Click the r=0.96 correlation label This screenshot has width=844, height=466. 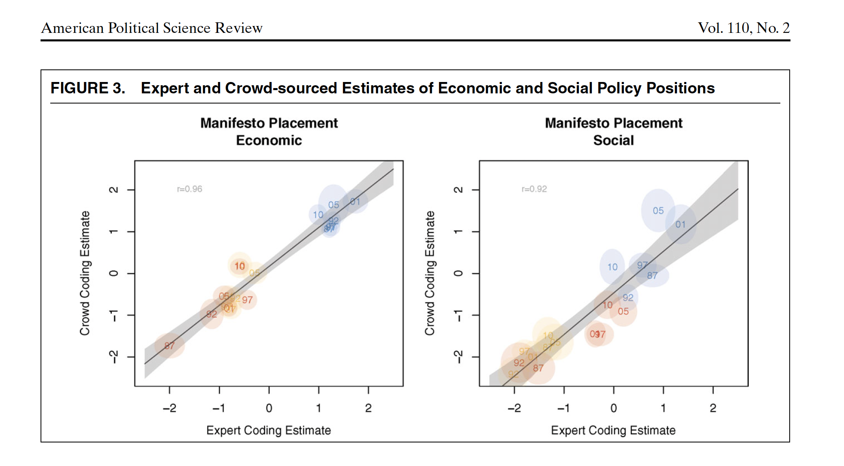click(x=189, y=189)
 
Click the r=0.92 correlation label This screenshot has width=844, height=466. click(x=534, y=189)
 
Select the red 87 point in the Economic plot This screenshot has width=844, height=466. click(x=169, y=346)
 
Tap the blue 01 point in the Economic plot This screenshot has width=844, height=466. click(x=355, y=201)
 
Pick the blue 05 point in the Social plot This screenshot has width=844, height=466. click(x=658, y=211)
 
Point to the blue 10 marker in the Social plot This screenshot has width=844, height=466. click(x=612, y=267)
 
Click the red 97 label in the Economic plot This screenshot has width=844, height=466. click(x=247, y=300)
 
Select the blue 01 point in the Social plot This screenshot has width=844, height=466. click(x=680, y=224)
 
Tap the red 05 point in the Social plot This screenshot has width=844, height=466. click(x=623, y=311)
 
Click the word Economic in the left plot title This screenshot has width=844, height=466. click(x=269, y=140)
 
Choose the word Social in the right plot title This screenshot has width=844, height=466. click(x=613, y=140)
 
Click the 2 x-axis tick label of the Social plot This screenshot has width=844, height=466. click(x=713, y=408)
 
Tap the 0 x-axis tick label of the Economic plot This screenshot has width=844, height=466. click(x=269, y=408)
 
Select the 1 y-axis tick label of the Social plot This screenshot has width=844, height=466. click(x=458, y=231)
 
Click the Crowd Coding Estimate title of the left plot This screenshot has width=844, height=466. click(x=84, y=273)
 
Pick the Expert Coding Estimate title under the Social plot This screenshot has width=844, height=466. click(x=613, y=430)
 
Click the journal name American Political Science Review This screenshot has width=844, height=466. click(x=152, y=28)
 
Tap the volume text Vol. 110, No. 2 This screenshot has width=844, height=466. click(x=743, y=28)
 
